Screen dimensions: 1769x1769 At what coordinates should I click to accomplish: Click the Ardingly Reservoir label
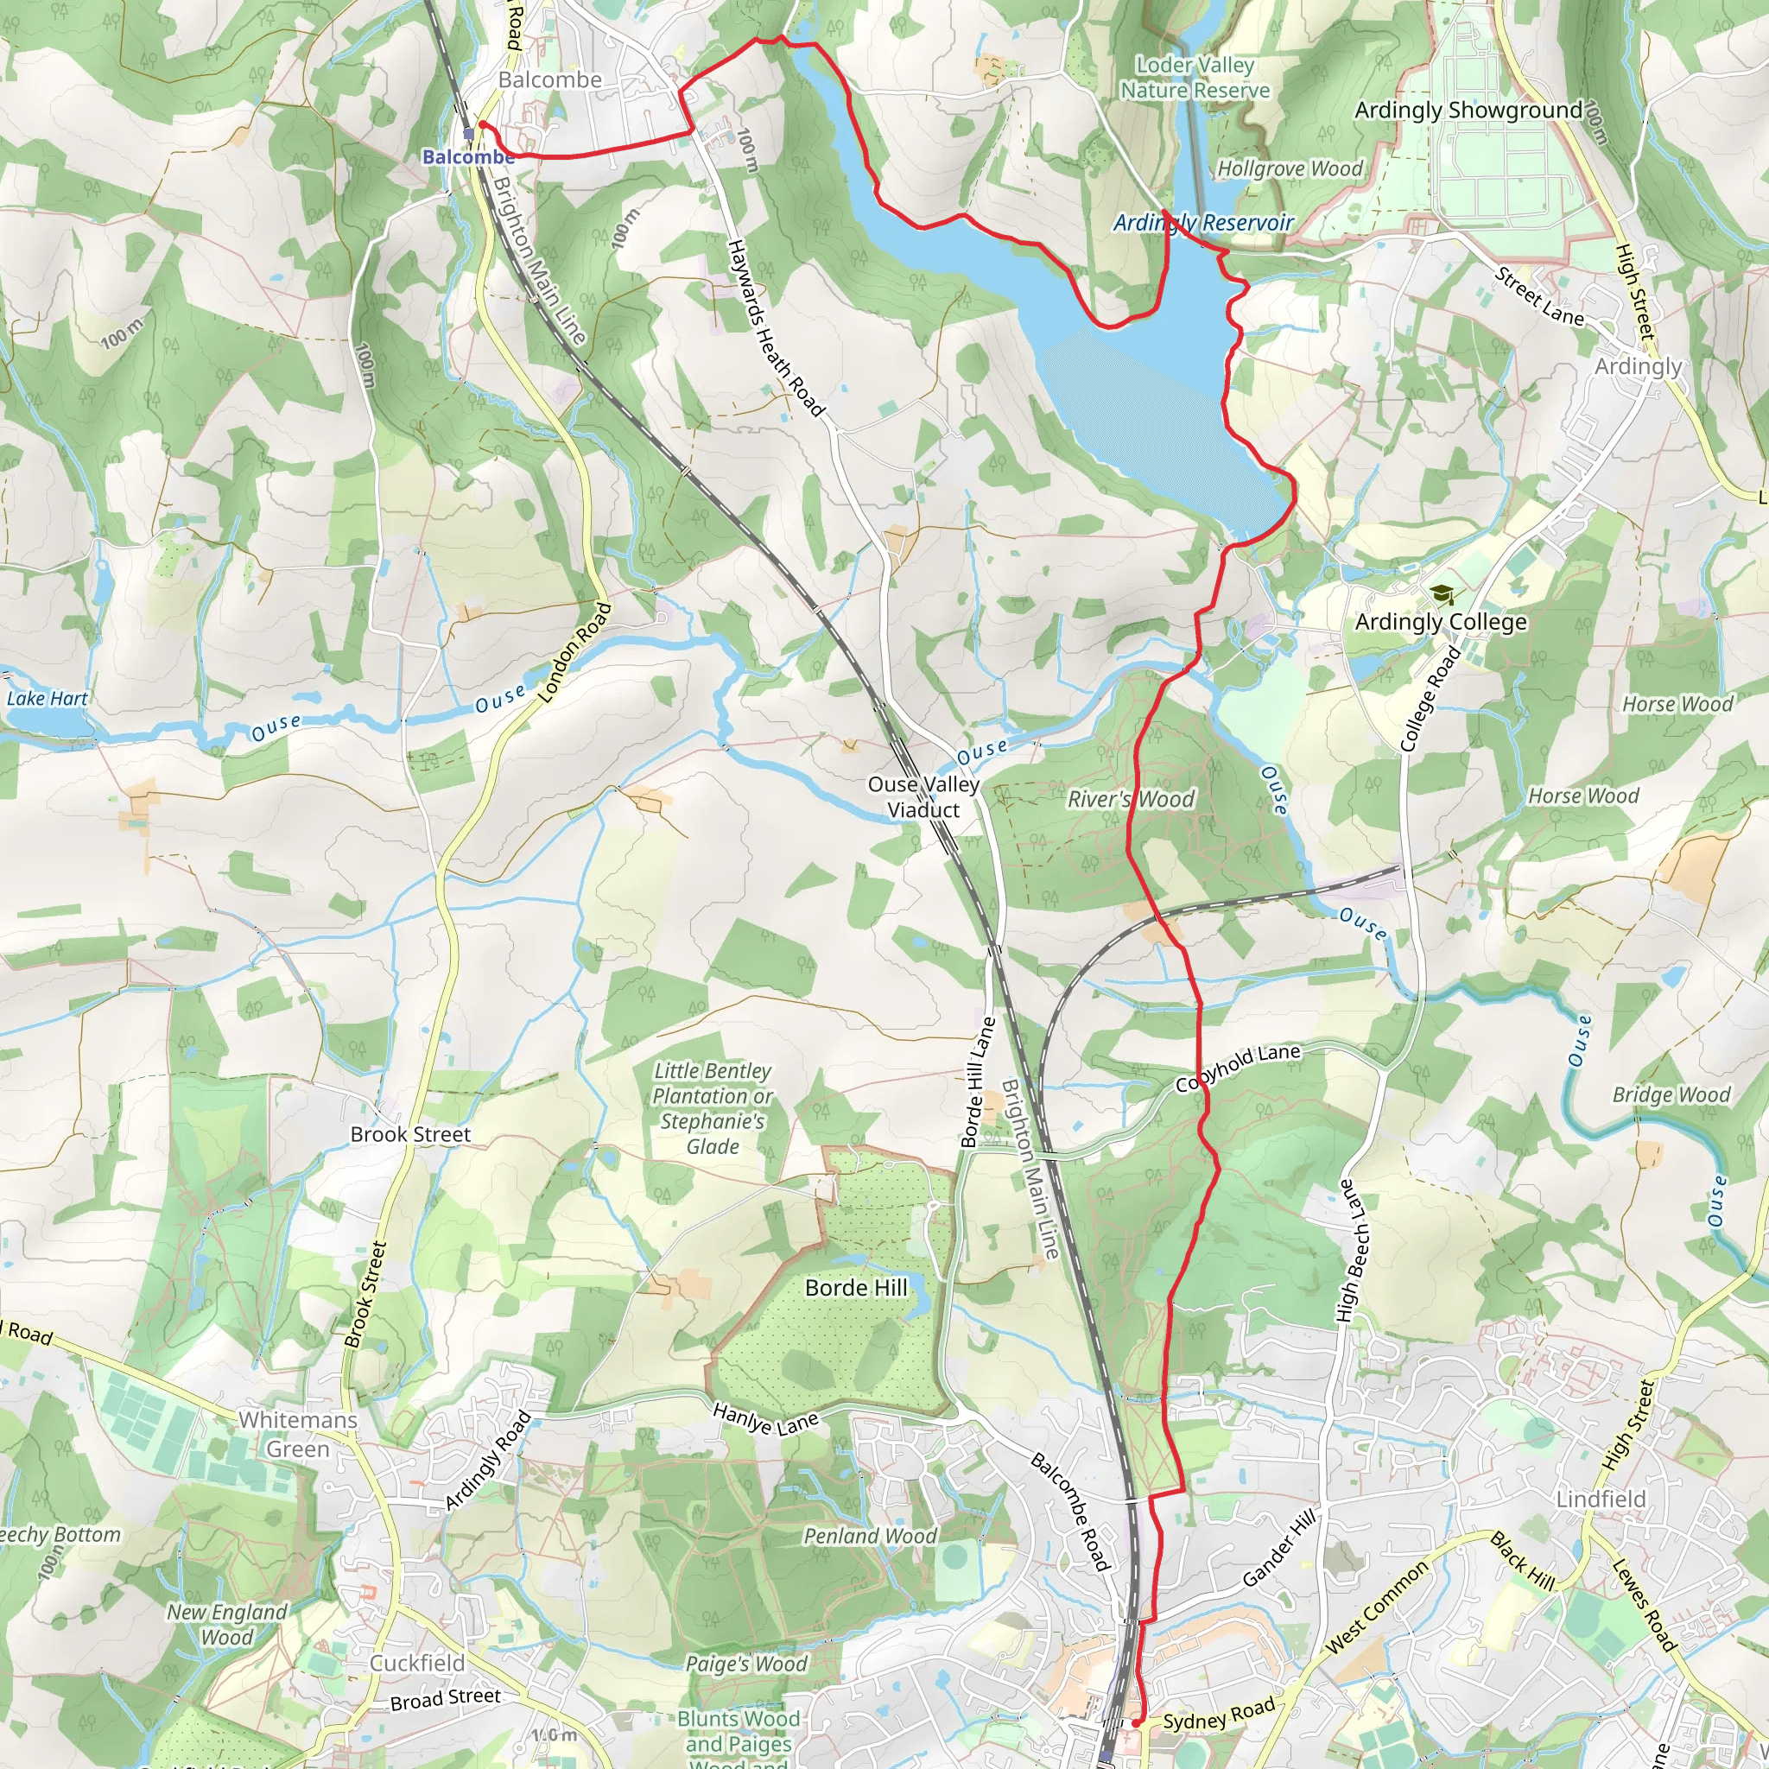coord(1203,223)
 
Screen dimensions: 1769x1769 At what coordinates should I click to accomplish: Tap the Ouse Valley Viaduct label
coord(924,796)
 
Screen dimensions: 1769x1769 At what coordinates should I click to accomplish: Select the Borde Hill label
coord(856,1287)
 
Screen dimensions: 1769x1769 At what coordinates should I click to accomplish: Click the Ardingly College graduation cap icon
coord(1442,595)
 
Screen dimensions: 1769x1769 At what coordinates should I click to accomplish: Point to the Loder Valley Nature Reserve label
coord(1195,78)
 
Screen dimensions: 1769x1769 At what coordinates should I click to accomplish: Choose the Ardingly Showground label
coord(1468,110)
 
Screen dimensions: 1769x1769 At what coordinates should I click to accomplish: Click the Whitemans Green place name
coord(298,1434)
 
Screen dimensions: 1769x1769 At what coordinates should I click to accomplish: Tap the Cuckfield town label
coord(416,1663)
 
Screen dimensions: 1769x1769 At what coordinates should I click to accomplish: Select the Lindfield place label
coord(1601,1499)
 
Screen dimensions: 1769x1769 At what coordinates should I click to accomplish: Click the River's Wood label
coord(1131,799)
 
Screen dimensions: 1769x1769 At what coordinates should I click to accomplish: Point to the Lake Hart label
coord(48,699)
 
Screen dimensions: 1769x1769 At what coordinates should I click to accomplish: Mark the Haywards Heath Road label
coord(776,327)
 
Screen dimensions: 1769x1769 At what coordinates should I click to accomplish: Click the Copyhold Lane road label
coord(1238,1068)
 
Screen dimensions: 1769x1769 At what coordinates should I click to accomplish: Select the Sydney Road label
coord(1219,1714)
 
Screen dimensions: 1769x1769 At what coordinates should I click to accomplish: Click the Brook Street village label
coord(410,1134)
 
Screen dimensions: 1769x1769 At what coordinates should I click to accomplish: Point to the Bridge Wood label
coord(1671,1095)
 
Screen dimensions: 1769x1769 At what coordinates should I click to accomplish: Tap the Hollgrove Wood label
coord(1290,169)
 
